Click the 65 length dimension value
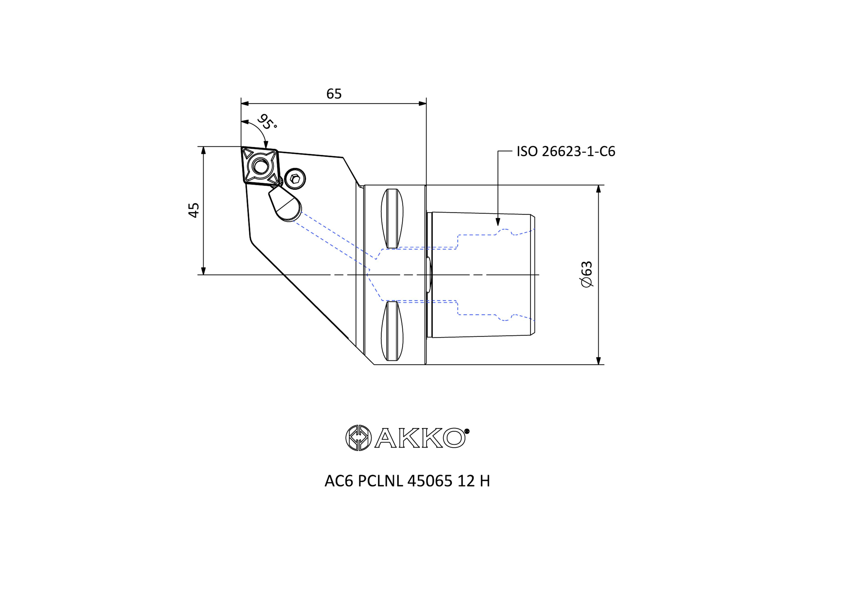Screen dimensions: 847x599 pyautogui.click(x=334, y=94)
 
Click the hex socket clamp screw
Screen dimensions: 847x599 pyautogui.click(x=294, y=179)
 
